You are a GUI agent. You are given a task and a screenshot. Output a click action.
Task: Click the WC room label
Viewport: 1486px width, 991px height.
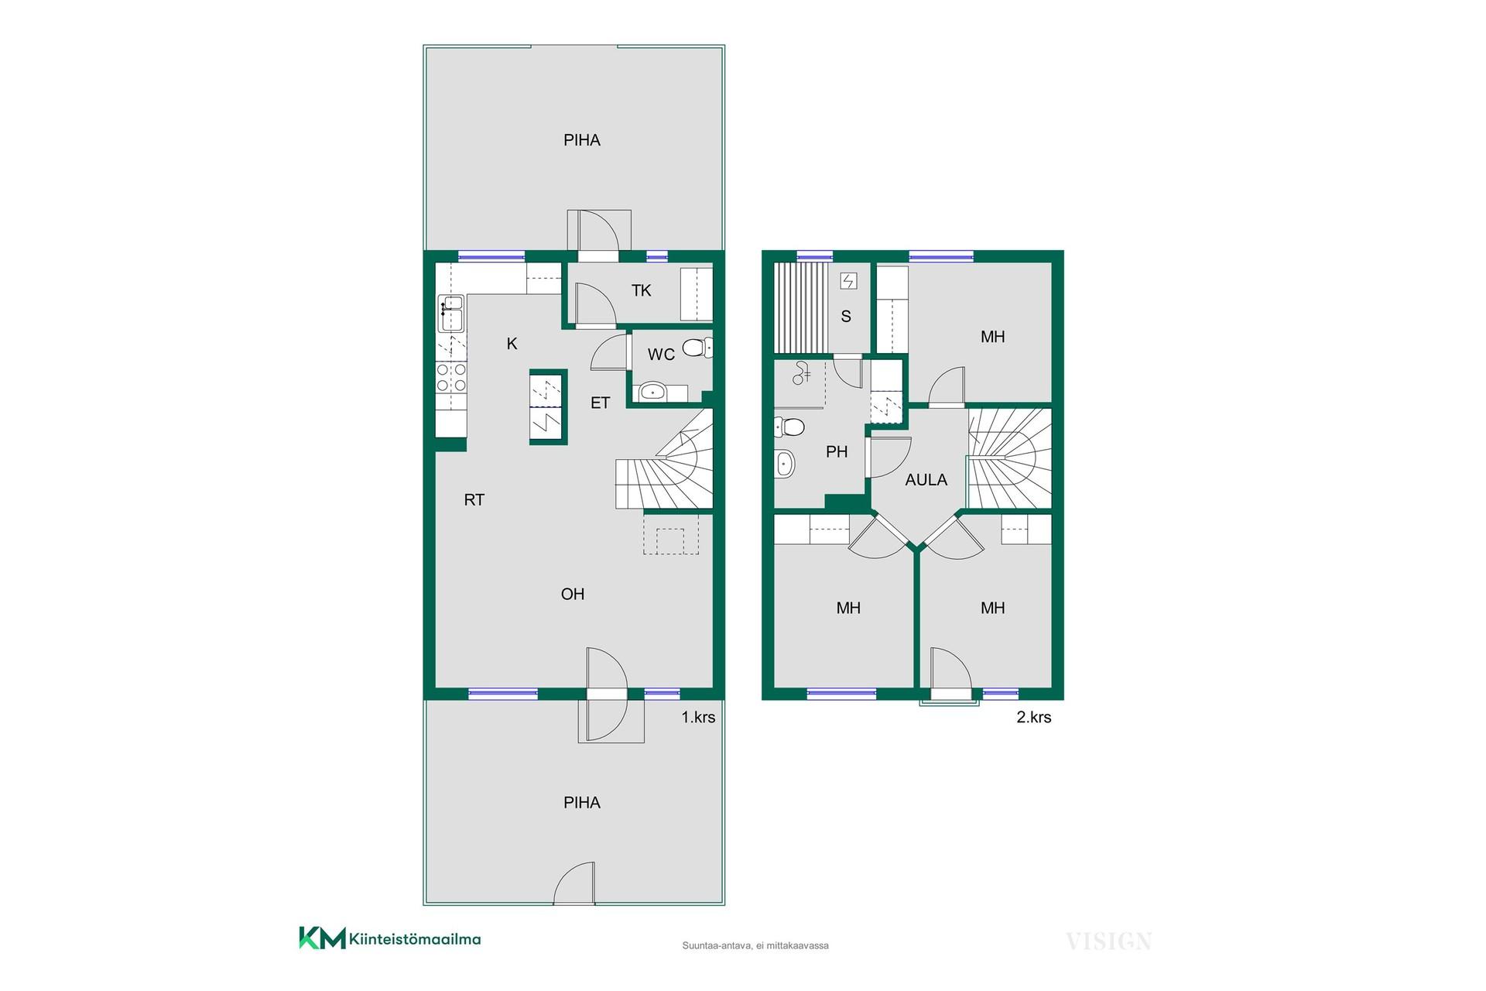click(661, 355)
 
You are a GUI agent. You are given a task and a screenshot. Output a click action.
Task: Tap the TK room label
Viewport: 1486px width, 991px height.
click(641, 290)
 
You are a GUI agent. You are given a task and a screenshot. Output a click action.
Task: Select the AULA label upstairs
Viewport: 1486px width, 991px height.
click(926, 480)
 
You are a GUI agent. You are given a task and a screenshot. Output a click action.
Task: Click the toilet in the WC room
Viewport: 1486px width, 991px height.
click(697, 348)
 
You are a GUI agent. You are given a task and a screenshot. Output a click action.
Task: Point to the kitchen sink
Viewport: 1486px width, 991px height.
click(450, 313)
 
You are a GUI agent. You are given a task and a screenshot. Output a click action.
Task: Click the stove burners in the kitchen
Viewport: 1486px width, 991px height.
click(451, 377)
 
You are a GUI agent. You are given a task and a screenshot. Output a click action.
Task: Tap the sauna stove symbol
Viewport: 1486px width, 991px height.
click(848, 281)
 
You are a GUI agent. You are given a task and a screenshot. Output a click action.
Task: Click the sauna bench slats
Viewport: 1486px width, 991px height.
click(801, 307)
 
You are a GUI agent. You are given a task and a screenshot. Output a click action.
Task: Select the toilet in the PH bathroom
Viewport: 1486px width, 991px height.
click(789, 427)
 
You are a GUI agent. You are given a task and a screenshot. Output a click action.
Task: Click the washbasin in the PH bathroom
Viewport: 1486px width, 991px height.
click(784, 463)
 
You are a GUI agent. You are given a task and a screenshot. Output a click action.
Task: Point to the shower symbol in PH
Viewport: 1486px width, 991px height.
click(801, 375)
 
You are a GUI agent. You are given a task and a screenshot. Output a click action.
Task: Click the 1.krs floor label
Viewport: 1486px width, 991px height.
click(698, 718)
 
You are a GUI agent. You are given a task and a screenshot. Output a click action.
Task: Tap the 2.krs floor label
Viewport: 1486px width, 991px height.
click(1034, 718)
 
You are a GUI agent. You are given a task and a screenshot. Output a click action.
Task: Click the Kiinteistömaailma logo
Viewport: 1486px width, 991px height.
click(390, 938)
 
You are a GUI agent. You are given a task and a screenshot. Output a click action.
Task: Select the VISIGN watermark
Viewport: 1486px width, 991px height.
click(1109, 941)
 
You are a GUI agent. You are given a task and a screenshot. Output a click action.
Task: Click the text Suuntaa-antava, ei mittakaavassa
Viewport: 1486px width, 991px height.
click(755, 945)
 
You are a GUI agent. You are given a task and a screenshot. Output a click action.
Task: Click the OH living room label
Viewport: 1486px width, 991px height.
click(573, 595)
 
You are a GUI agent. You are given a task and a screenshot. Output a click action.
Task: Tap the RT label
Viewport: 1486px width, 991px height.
click(474, 500)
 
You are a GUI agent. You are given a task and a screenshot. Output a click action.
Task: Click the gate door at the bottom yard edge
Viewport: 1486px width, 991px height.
click(574, 884)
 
